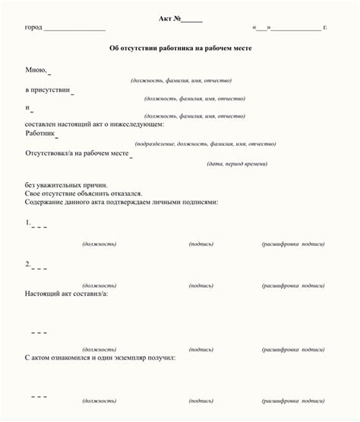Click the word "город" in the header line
[x=33, y=27]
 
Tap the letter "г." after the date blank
[x=325, y=27]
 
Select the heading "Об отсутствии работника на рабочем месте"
[x=180, y=48]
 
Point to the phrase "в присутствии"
[x=47, y=90]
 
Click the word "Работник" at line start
[x=40, y=133]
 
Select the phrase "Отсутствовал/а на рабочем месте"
[x=77, y=153]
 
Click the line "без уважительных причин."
[x=66, y=184]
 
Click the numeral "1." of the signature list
[x=28, y=223]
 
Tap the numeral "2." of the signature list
[x=28, y=264]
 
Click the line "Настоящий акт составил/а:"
[x=67, y=293]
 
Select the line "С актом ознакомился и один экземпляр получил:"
[x=100, y=356]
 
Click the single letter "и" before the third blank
[x=27, y=107]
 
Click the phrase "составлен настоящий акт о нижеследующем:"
[x=94, y=123]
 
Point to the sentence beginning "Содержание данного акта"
[x=122, y=203]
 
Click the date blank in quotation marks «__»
[x=262, y=27]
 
